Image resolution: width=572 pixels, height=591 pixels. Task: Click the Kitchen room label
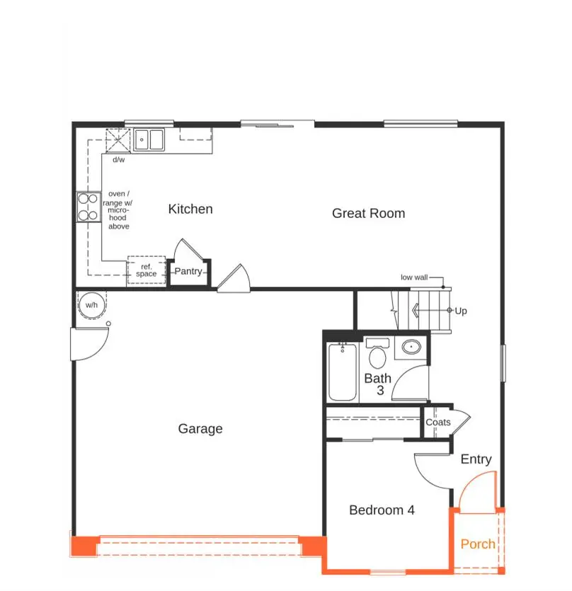[190, 209]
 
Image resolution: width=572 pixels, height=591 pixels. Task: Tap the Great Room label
[368, 213]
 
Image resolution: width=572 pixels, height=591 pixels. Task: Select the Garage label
[200, 428]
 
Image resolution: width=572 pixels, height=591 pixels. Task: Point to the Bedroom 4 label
[382, 510]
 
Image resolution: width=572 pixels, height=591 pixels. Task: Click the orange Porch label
[478, 544]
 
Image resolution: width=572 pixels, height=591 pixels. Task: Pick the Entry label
[476, 459]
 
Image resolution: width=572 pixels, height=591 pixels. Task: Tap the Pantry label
[188, 271]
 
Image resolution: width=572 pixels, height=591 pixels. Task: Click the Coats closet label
[437, 422]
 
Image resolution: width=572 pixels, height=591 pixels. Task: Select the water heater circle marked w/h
[91, 305]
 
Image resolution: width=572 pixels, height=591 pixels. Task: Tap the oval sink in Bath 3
[411, 348]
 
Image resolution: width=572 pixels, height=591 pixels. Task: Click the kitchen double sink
[149, 139]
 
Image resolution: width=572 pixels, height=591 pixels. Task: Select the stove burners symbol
[88, 207]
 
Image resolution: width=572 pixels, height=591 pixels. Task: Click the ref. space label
[146, 270]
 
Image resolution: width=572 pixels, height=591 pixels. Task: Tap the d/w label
[118, 159]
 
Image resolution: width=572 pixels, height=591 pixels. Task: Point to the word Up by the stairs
[461, 311]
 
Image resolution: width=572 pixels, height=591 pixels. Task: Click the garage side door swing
[88, 345]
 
